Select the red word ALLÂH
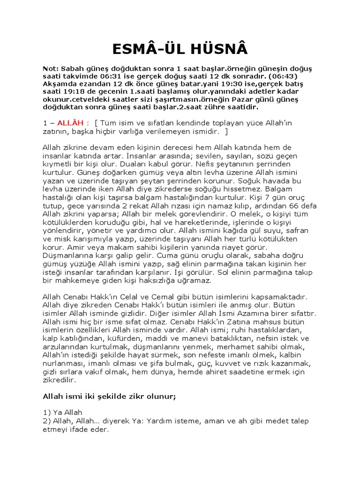point(69,123)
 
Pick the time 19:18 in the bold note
point(68,92)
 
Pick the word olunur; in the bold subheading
point(157,397)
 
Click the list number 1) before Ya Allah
point(47,412)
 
